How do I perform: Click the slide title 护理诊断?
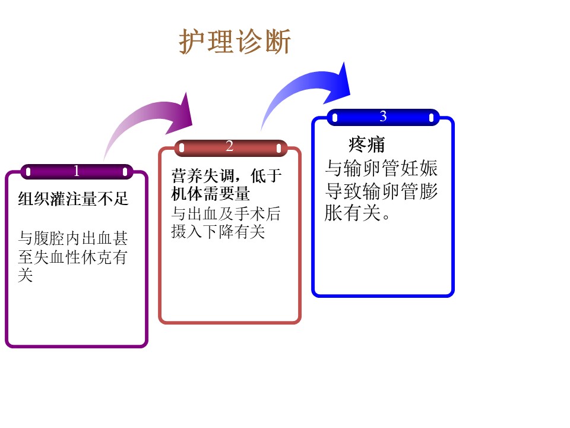(x=235, y=42)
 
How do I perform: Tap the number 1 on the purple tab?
(x=77, y=171)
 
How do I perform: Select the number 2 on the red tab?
(x=229, y=146)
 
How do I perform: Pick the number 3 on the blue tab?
(x=383, y=117)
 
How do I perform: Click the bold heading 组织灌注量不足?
(x=73, y=199)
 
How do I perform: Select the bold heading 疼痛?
(x=366, y=144)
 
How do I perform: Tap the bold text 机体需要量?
(x=210, y=194)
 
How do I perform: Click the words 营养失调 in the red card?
(x=202, y=176)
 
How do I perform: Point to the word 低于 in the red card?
(x=266, y=176)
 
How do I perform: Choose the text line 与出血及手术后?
(x=226, y=213)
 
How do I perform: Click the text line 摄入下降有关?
(x=218, y=231)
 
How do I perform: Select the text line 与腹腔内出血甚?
(x=72, y=238)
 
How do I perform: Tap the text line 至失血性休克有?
(x=72, y=257)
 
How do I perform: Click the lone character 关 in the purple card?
(x=26, y=275)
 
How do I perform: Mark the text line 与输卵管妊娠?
(x=381, y=168)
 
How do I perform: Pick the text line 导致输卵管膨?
(x=381, y=191)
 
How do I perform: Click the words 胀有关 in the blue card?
(x=353, y=213)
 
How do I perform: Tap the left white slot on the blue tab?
(x=335, y=118)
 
